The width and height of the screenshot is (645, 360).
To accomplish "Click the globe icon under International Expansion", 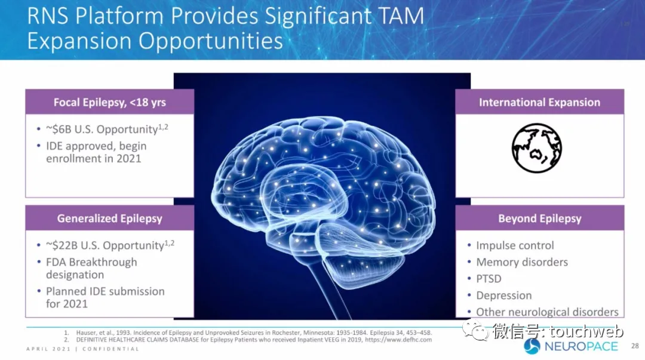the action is tap(536, 148).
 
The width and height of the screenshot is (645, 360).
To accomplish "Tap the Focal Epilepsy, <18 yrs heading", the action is tap(109, 102).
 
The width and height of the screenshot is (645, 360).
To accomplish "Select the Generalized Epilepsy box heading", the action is tap(109, 219).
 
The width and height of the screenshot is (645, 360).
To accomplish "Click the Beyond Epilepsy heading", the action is tap(539, 219).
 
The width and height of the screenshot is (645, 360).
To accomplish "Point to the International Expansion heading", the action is tap(539, 102).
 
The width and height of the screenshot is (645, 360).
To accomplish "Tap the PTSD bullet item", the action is tap(489, 279).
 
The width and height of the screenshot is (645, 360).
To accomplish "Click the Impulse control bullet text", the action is tap(515, 245).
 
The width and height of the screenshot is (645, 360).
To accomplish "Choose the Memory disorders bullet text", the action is tap(522, 262).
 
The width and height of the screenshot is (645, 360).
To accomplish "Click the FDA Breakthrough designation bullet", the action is tap(91, 268).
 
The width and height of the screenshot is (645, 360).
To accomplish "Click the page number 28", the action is tap(635, 346).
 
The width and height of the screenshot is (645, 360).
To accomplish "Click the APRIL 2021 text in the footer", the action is tap(47, 349).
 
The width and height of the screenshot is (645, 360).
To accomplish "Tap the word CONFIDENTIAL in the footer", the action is tap(112, 349).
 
